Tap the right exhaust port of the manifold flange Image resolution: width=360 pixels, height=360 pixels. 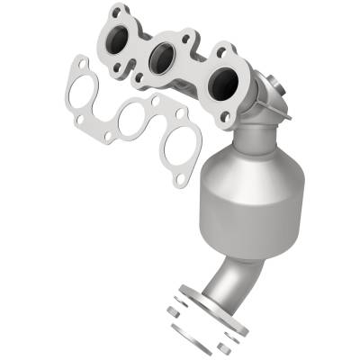[220, 85]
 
